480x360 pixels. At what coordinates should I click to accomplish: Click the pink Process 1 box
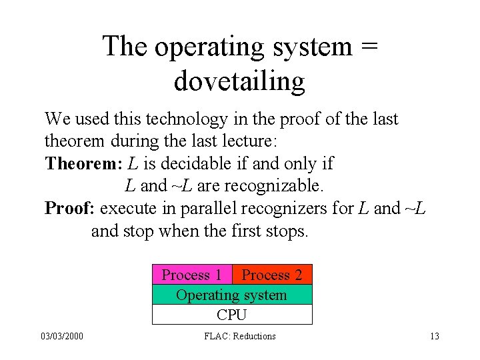tap(192, 275)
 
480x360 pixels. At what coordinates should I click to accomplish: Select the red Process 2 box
tap(271, 275)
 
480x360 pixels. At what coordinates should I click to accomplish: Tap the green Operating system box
tap(231, 295)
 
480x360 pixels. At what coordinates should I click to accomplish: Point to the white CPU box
tap(231, 315)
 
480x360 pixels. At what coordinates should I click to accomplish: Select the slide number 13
tap(434, 337)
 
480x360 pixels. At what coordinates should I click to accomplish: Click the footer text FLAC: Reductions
tap(239, 337)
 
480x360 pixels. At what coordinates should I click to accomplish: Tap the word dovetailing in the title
tap(239, 81)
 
